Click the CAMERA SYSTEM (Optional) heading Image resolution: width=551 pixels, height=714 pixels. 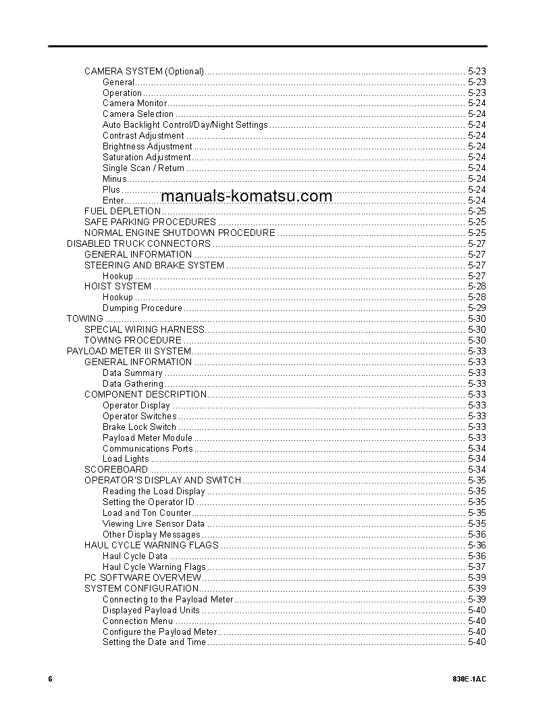(x=144, y=71)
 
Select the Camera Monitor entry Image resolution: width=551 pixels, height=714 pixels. (x=134, y=103)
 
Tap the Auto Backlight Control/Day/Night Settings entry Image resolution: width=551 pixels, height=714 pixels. (x=185, y=125)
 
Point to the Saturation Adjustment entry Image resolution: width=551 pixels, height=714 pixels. (x=147, y=158)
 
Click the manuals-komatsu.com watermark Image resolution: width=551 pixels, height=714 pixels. (x=246, y=196)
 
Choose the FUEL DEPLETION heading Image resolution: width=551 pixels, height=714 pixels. (x=122, y=211)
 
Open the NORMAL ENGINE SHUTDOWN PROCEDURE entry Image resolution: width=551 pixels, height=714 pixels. (x=180, y=233)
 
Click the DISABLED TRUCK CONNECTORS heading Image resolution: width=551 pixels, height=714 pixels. (x=138, y=243)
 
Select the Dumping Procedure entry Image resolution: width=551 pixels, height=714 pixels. (x=142, y=308)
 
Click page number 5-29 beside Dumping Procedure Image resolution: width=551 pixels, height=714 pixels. (x=476, y=308)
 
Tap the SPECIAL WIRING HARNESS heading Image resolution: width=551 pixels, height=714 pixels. (x=144, y=330)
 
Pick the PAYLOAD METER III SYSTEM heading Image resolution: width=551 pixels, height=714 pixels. (x=128, y=352)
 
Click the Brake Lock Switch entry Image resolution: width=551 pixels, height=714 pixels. (x=139, y=427)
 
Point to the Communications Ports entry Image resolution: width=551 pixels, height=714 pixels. (x=147, y=449)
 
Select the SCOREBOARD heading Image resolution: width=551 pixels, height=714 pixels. (x=116, y=470)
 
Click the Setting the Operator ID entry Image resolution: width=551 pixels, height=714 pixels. (x=148, y=502)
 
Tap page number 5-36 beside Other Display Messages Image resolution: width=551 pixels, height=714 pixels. (x=476, y=535)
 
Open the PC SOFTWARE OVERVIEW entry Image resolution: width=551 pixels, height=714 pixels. (x=142, y=578)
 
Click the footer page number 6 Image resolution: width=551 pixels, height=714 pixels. (x=50, y=679)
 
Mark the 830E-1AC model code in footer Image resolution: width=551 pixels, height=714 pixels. (x=470, y=679)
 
